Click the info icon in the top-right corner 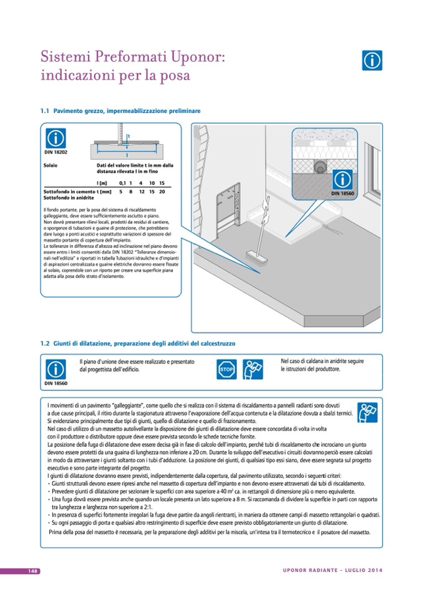(x=372, y=60)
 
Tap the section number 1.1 (x=44, y=110)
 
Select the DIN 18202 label (x=56, y=151)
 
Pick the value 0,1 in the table (x=122, y=182)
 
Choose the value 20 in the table (x=162, y=191)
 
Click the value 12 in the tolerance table (x=142, y=191)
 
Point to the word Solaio (x=51, y=166)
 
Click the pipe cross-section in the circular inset (x=319, y=166)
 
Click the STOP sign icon (x=226, y=370)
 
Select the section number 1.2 (x=44, y=343)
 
